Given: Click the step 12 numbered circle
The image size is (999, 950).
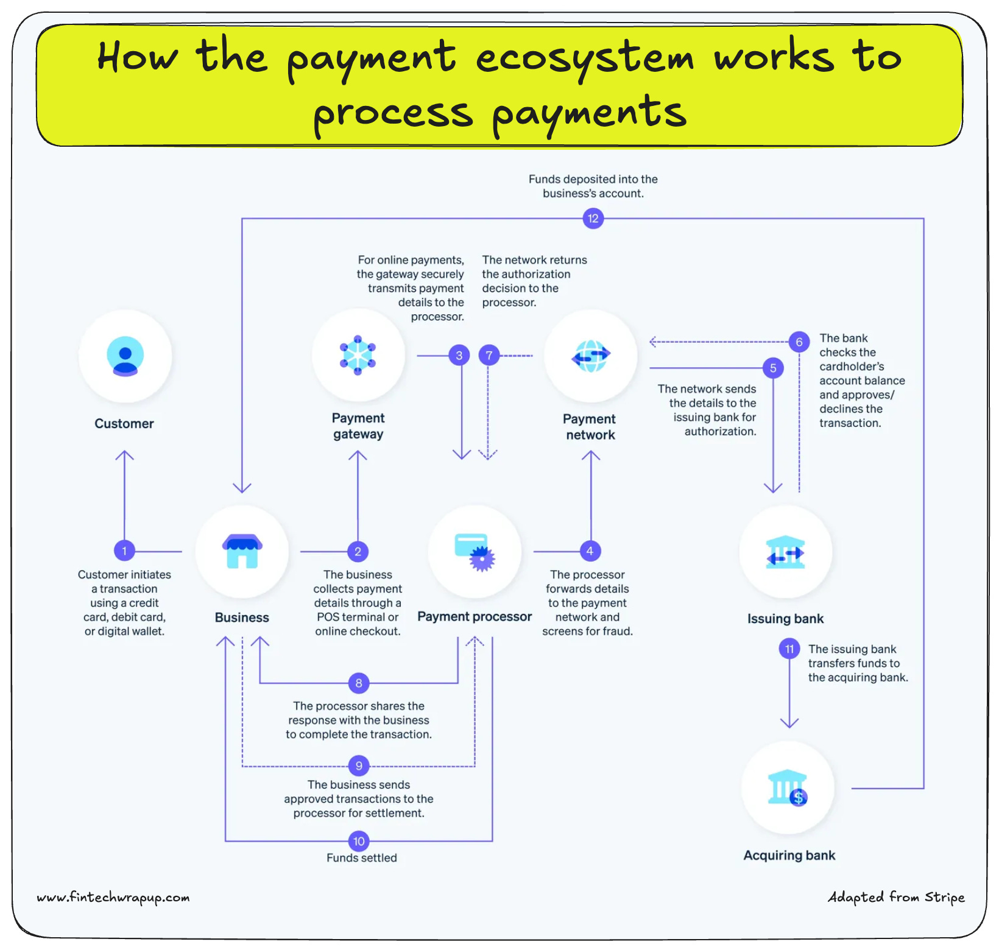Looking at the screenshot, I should (593, 218).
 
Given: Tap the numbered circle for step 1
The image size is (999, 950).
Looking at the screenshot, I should (124, 551).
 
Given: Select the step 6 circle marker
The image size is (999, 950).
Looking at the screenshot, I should (799, 342).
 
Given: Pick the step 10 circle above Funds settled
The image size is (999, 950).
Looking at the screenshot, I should (359, 841).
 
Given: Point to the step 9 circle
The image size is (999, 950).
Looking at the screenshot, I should (359, 766).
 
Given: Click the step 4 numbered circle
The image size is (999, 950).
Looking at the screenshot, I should (590, 551).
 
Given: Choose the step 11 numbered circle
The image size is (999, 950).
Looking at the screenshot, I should (789, 649).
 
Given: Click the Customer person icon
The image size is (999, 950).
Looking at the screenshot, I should (125, 356).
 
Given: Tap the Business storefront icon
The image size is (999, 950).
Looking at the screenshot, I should (242, 551).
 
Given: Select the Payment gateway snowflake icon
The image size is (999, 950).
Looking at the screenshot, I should (358, 355).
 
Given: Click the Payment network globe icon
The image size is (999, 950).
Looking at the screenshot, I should (590, 356).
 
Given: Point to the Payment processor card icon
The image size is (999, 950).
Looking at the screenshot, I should (475, 552).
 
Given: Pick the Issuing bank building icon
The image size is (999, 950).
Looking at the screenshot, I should (785, 552).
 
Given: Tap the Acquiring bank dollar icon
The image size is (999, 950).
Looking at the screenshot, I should (788, 788).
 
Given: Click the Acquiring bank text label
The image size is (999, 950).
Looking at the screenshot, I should (789, 855).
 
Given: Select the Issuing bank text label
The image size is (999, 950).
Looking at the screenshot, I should (785, 619).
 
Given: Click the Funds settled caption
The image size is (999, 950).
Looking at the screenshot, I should (361, 857).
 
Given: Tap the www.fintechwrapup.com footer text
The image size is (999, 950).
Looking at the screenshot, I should (113, 897).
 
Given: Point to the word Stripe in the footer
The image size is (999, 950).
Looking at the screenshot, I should (944, 897).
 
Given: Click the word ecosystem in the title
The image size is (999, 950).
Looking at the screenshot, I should (584, 58).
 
